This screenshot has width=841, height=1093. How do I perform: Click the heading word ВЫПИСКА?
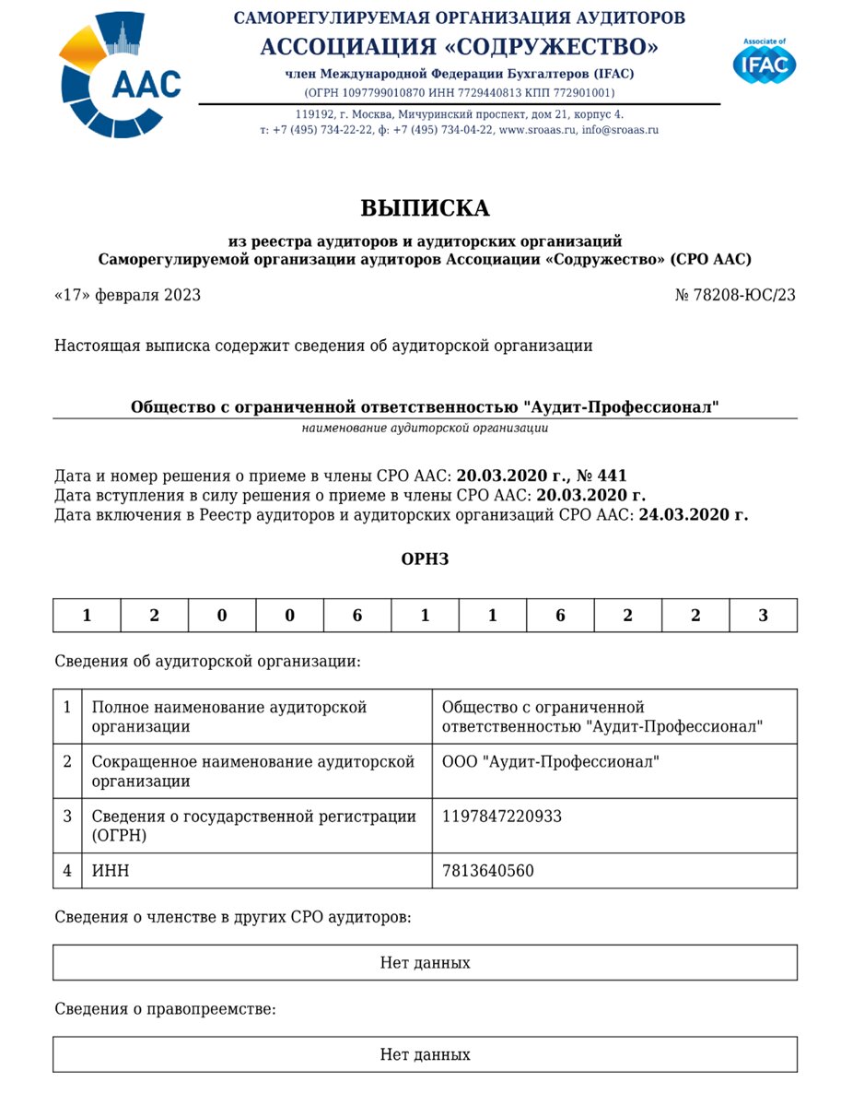(425, 208)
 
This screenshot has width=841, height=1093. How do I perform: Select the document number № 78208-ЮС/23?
(735, 296)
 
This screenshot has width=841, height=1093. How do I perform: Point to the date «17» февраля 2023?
(127, 296)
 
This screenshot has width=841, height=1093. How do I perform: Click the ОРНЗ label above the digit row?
(425, 559)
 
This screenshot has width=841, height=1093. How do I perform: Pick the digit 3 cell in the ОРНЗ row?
(763, 616)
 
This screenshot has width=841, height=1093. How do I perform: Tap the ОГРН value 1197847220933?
(502, 817)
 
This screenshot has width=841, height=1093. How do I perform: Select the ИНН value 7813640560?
(488, 871)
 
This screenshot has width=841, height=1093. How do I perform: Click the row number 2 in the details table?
(67, 762)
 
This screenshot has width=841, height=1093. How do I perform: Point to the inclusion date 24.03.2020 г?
(693, 515)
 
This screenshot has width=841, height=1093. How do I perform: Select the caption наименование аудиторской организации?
(425, 429)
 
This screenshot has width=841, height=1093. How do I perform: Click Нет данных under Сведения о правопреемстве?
(425, 1055)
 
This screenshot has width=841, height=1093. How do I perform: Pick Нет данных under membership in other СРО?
(425, 963)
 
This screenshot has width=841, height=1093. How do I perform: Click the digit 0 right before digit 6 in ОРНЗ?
(289, 616)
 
